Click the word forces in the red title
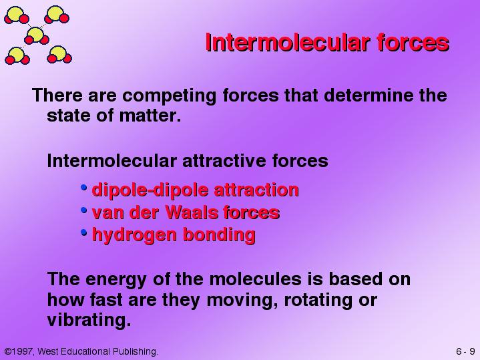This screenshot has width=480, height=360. pos(413,42)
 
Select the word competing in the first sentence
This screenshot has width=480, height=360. pos(170,96)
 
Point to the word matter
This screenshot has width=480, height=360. pos(150,116)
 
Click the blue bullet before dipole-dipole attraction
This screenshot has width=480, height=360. pos(84,187)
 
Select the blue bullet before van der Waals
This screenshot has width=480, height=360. pos(84,210)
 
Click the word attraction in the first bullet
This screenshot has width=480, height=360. pos(256,190)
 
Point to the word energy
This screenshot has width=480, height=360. pos(115,280)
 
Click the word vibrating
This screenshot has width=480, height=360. pos(89,320)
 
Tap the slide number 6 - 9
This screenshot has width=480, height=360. pos(465,351)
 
